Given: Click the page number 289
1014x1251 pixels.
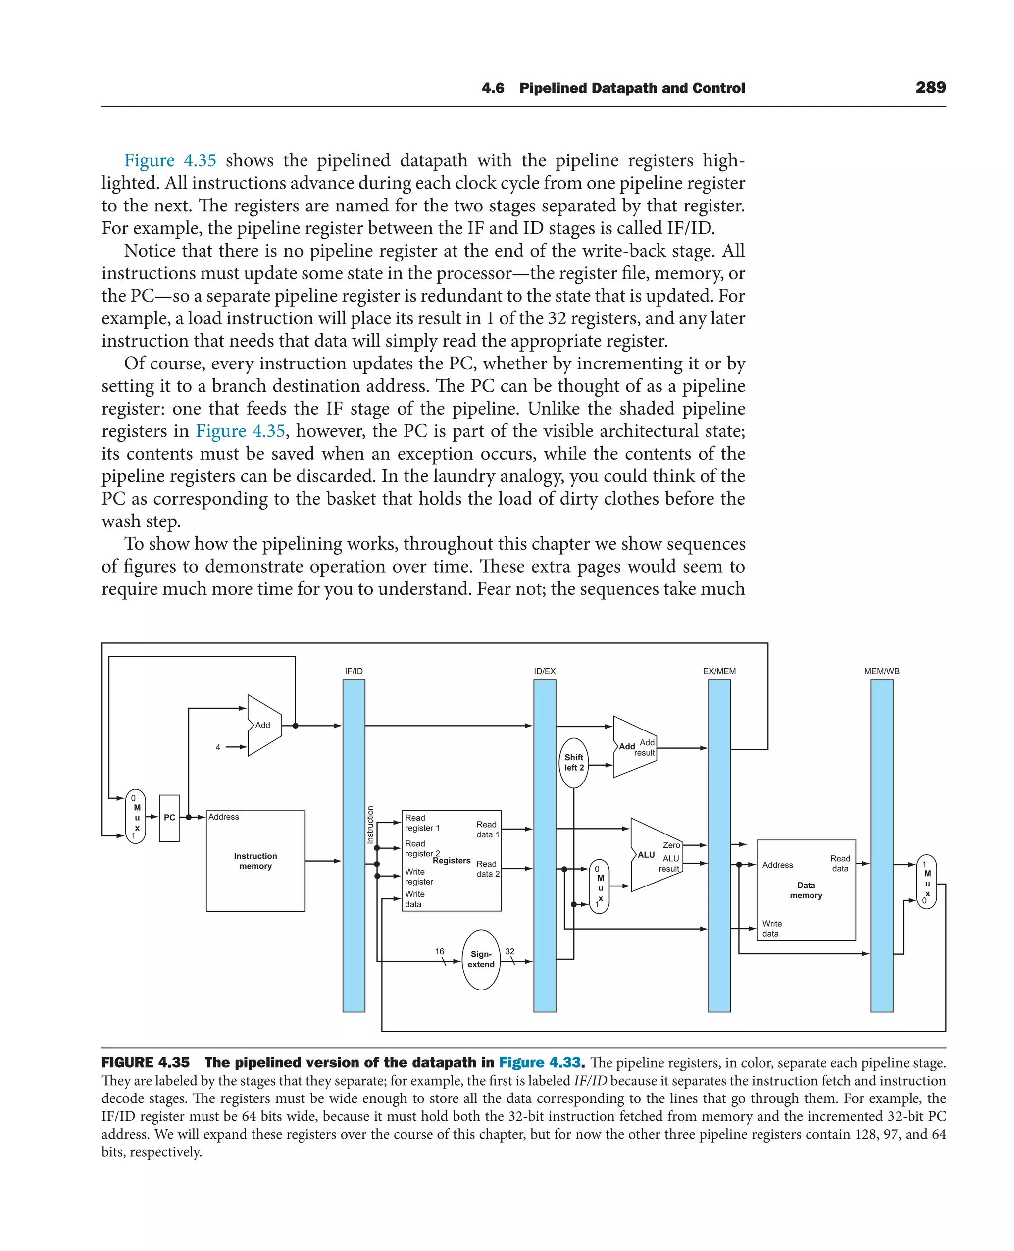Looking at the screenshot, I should (x=930, y=88).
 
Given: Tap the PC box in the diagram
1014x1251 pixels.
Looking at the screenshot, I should (x=169, y=818).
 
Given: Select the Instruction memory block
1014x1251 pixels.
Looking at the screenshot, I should (x=255, y=861).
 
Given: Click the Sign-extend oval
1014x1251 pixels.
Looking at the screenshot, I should (x=481, y=959).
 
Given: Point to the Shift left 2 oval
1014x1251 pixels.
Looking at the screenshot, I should (x=573, y=763).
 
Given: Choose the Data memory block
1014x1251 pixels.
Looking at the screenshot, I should (x=806, y=890).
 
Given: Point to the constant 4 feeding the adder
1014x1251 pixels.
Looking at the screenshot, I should (x=218, y=747).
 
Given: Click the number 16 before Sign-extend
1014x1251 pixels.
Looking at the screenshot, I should (x=439, y=951).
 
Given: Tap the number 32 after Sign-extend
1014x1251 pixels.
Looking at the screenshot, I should (x=510, y=951).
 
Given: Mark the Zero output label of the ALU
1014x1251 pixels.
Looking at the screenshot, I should (x=671, y=845).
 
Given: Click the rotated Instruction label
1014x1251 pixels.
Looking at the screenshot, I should (x=370, y=825).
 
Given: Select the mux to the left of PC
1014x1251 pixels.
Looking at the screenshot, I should (x=136, y=817).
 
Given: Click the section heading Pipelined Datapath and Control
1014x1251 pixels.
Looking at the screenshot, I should (x=632, y=88).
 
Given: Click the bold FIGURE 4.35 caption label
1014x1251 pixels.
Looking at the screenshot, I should (x=146, y=1062).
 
